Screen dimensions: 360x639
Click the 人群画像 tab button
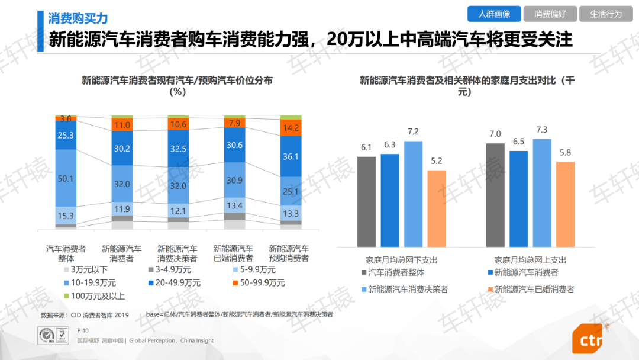pyautogui.click(x=494, y=14)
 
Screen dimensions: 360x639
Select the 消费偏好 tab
pyautogui.click(x=550, y=14)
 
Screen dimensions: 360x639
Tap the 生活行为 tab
pyautogui.click(x=606, y=14)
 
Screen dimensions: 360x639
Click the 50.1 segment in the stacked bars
pyautogui.click(x=66, y=178)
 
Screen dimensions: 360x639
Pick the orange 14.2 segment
pyautogui.click(x=291, y=128)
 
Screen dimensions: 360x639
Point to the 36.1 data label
pyautogui.click(x=291, y=156)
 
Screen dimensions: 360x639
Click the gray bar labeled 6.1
pyautogui.click(x=367, y=201)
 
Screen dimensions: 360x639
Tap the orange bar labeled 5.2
pyautogui.click(x=437, y=208)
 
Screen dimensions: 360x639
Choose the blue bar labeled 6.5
pyautogui.click(x=518, y=198)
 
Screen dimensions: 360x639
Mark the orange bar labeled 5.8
pyautogui.click(x=565, y=204)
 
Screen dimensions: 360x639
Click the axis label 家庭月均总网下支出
pyautogui.click(x=402, y=260)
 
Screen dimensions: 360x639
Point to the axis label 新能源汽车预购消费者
pyautogui.click(x=289, y=253)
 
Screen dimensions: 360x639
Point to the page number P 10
pyautogui.click(x=83, y=330)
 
